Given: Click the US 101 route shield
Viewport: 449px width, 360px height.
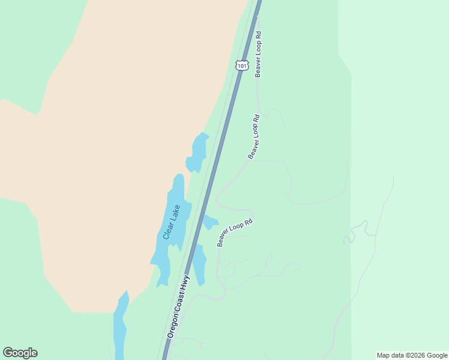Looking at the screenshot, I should (241, 65).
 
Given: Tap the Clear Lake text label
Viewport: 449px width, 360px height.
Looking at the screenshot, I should (172, 222).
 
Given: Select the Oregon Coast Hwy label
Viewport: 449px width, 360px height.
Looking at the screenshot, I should (178, 306).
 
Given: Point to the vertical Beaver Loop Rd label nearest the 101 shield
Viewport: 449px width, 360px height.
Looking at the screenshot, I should (258, 54).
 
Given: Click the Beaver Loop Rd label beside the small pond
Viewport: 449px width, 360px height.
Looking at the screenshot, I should (235, 232).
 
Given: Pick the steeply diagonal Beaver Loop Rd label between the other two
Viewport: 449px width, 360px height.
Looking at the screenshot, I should (254, 136).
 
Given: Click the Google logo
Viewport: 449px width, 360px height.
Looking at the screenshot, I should (20, 353).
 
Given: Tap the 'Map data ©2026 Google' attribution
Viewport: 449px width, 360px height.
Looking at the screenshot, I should (412, 355).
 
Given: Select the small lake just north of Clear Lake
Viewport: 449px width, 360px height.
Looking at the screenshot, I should (197, 153).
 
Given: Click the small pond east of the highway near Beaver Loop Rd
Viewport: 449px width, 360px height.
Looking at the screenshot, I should (209, 222).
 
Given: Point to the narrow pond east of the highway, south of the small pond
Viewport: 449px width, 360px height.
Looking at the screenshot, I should (199, 264).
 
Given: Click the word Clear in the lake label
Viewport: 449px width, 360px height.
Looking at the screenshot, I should (169, 230).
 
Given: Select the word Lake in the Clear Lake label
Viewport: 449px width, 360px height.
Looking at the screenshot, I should (175, 213).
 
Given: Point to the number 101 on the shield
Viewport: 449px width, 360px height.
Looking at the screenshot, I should (241, 65).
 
